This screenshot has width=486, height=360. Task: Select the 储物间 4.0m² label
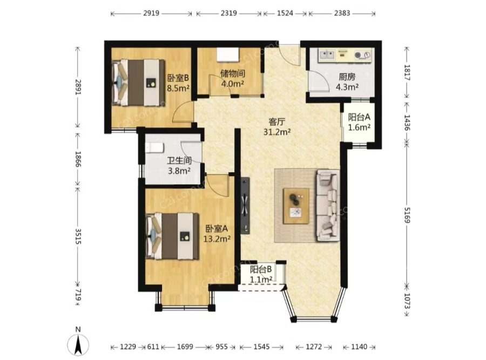tap(232, 78)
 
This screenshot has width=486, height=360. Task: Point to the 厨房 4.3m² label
tap(347, 82)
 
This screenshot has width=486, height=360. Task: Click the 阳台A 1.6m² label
tap(359, 122)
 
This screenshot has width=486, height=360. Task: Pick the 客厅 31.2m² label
tap(277, 127)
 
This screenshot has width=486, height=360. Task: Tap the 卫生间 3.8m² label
tap(179, 166)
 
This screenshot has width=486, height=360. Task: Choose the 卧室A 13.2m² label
tap(217, 234)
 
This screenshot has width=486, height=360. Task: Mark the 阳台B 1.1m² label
tap(261, 274)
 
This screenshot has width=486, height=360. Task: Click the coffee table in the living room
tap(296, 206)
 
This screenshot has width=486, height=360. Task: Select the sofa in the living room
tap(328, 205)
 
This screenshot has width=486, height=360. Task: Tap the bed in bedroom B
tap(138, 83)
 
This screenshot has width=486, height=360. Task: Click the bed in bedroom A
tap(172, 236)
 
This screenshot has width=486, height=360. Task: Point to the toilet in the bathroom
tap(154, 148)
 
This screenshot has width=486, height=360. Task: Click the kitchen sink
tap(327, 55)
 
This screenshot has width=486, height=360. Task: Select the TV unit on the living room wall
tap(246, 206)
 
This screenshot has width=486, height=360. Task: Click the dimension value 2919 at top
tap(151, 13)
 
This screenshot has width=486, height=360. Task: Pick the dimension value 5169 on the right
tap(407, 214)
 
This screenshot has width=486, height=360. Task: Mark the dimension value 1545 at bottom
tap(261, 347)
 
